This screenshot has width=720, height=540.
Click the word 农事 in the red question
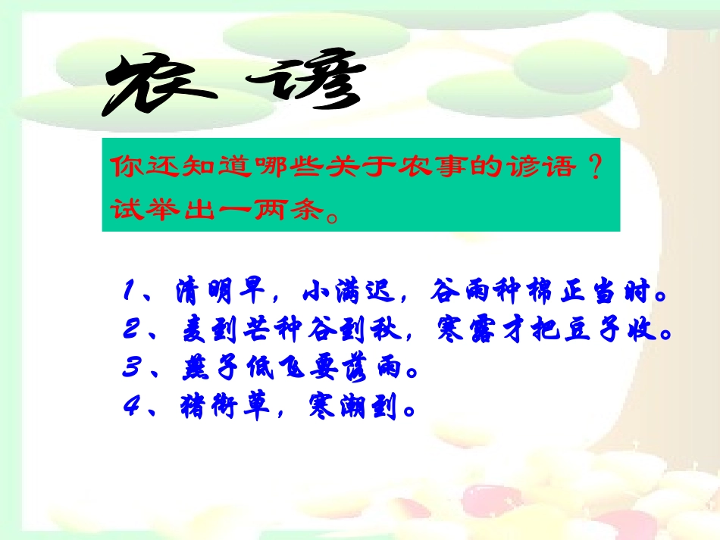409,167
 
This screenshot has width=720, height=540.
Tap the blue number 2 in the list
130,330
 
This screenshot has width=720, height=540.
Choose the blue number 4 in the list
130,410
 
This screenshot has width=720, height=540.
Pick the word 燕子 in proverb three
202,371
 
